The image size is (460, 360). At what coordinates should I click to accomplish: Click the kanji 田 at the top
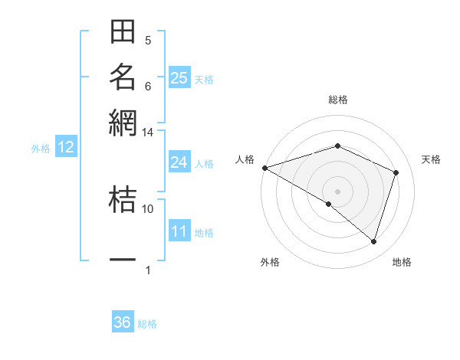(x=123, y=32)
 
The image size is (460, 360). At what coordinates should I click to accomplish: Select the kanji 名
(x=123, y=76)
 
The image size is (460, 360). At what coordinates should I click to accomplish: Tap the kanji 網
(x=123, y=120)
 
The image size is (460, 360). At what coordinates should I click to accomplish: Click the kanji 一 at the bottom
(x=123, y=260)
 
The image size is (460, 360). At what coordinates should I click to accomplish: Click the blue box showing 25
(x=179, y=78)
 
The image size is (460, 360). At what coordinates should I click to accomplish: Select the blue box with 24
(x=179, y=162)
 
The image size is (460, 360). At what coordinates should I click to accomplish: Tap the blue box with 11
(x=179, y=231)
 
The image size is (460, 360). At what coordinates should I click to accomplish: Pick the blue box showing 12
(x=66, y=148)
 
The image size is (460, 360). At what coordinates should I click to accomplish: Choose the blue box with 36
(x=122, y=322)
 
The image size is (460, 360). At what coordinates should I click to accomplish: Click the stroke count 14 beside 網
(x=147, y=133)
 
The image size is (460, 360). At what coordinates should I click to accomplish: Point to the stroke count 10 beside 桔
(x=147, y=208)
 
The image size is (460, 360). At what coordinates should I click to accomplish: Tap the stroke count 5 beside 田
(x=148, y=40)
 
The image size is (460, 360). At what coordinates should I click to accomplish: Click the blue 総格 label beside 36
(x=147, y=324)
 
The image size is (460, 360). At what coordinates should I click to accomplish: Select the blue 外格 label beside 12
(x=41, y=149)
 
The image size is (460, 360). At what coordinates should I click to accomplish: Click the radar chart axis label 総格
(x=337, y=100)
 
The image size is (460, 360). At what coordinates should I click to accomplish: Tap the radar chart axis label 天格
(x=431, y=159)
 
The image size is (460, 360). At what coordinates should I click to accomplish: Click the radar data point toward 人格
(x=264, y=167)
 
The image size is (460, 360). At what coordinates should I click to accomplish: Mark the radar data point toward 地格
(x=373, y=242)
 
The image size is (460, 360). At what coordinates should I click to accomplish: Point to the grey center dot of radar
(x=337, y=191)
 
